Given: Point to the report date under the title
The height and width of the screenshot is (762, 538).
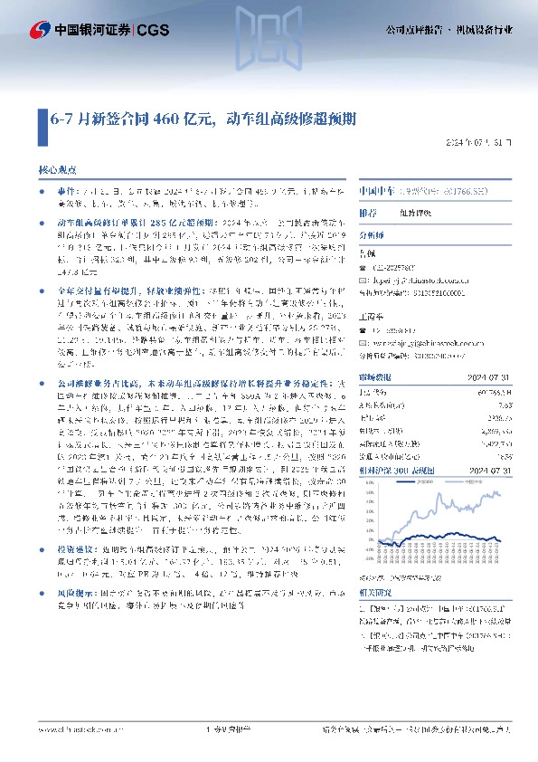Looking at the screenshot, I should pos(484,143).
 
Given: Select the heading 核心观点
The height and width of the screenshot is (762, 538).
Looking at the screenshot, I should pos(57,169).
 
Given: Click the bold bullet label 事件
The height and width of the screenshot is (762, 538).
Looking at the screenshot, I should pos(68,192).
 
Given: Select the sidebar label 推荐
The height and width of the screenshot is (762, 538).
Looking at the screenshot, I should pos(368,213).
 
